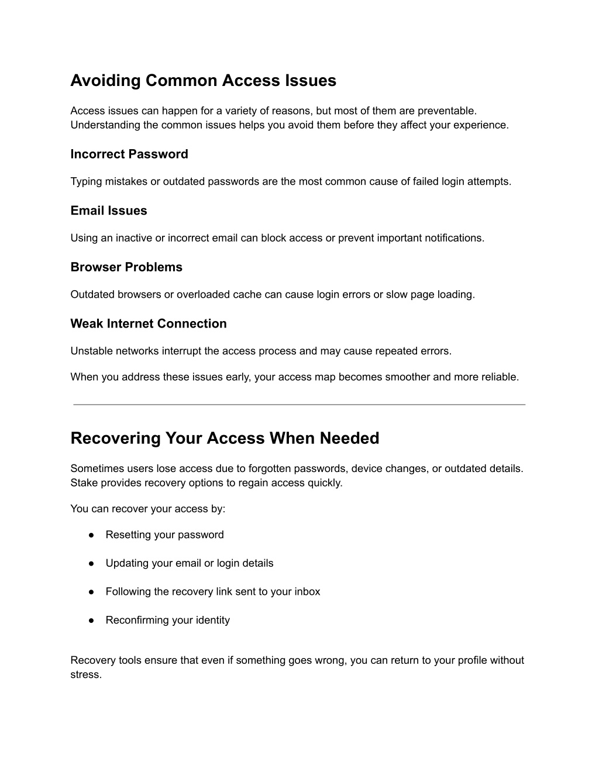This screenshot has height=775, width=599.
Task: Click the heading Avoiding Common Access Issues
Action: click(203, 80)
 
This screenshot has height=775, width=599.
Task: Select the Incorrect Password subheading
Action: click(129, 154)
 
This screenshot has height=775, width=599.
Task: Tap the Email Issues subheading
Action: click(109, 211)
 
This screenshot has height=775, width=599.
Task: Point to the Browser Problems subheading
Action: click(126, 267)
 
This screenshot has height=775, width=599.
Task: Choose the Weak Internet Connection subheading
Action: click(149, 323)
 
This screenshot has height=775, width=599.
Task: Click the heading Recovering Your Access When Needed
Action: click(225, 438)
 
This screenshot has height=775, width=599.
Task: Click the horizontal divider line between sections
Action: click(299, 404)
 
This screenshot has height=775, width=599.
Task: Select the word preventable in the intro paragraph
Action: click(447, 111)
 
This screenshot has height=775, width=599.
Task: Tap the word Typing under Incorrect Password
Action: click(86, 181)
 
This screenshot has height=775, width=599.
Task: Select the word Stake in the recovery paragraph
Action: click(84, 483)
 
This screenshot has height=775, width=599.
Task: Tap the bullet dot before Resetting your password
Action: click(92, 535)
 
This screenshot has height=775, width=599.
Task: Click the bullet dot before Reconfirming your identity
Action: click(92, 620)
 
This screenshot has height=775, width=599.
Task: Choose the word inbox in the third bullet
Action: click(307, 591)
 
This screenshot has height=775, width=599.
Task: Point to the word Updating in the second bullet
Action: click(126, 563)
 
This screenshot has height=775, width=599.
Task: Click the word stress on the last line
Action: click(85, 674)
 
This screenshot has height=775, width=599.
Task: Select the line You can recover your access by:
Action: click(147, 508)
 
